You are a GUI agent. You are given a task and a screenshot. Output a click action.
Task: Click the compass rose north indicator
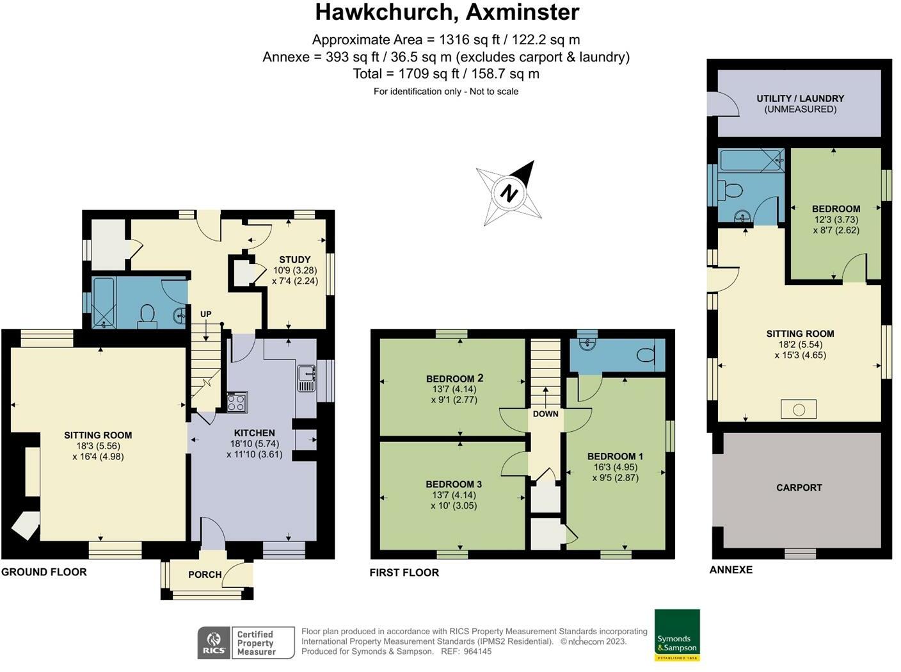click(509, 193)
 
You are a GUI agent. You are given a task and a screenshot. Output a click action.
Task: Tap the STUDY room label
click(294, 259)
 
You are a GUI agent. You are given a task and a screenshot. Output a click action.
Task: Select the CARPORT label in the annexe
click(799, 488)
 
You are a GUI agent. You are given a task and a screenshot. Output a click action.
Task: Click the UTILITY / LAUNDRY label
click(800, 99)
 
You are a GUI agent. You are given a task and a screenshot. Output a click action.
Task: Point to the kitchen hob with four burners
click(237, 402)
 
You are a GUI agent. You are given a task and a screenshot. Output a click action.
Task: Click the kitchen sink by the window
click(306, 378)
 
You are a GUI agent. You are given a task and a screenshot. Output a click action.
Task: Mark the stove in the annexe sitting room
click(798, 409)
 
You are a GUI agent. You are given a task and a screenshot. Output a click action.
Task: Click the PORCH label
click(205, 575)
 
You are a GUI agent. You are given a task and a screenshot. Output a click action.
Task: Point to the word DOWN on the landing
click(545, 414)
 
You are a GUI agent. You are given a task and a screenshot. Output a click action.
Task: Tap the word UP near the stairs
click(205, 314)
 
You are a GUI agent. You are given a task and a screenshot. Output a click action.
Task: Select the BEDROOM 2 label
click(454, 379)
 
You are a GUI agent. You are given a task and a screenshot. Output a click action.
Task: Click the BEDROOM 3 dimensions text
click(454, 500)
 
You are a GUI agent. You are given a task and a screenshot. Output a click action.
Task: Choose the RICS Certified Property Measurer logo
click(246, 643)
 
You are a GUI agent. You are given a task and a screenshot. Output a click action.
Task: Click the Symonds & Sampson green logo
click(677, 635)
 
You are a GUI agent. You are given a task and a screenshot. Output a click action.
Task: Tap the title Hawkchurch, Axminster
click(447, 12)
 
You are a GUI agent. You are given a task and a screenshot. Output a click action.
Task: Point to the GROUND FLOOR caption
click(44, 572)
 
